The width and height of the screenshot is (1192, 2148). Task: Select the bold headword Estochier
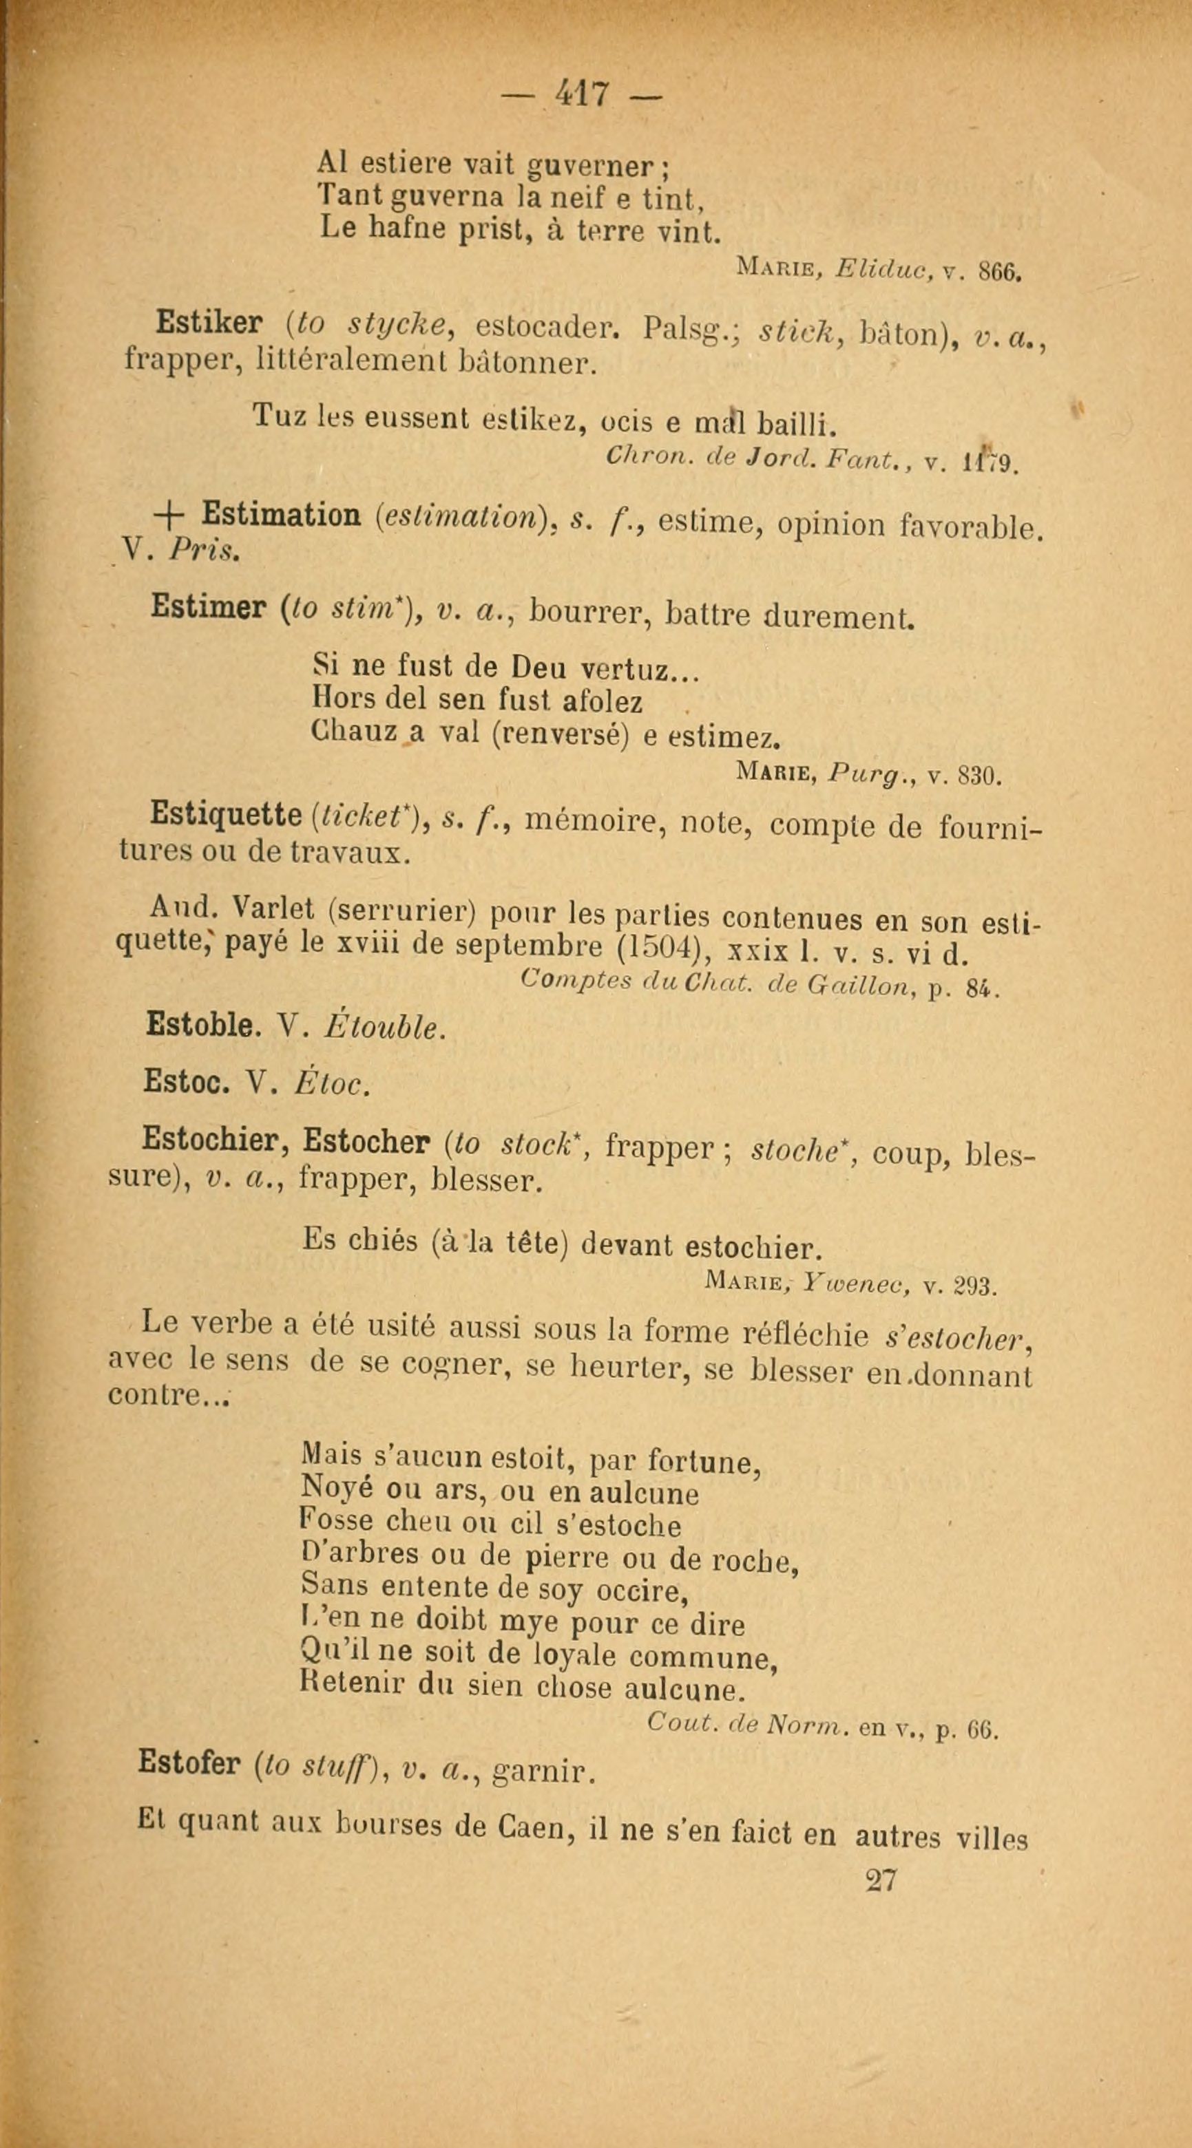click(214, 1138)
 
